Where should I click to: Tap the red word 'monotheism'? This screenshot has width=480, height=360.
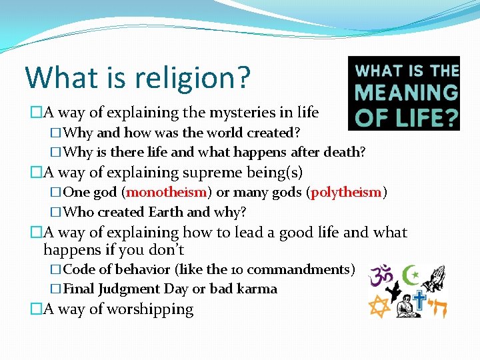166,193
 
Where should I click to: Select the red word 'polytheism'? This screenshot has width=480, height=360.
347,193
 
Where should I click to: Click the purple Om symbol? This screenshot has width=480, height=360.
383,273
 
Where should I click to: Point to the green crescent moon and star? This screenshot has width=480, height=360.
412,273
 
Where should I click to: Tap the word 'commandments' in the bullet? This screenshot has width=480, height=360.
309,270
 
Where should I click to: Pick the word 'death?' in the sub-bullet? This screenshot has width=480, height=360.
345,152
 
